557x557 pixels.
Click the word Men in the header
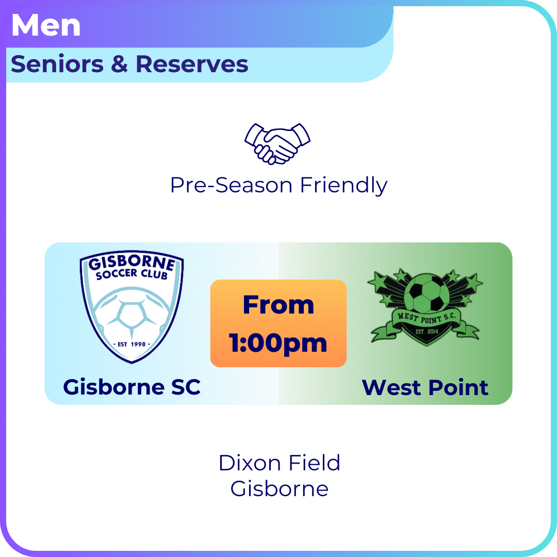(x=46, y=25)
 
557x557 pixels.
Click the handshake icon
(x=277, y=143)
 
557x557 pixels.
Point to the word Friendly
(x=343, y=186)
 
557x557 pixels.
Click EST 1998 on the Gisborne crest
(x=132, y=344)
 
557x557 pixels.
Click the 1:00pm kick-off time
(x=278, y=343)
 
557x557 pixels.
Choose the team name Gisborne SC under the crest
(x=132, y=387)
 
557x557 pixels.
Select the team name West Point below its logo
(x=425, y=387)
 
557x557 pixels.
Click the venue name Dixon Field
(x=279, y=463)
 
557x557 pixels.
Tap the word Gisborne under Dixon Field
(x=279, y=488)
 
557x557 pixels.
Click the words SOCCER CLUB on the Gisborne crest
(x=132, y=274)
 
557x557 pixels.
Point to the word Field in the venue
(x=315, y=463)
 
